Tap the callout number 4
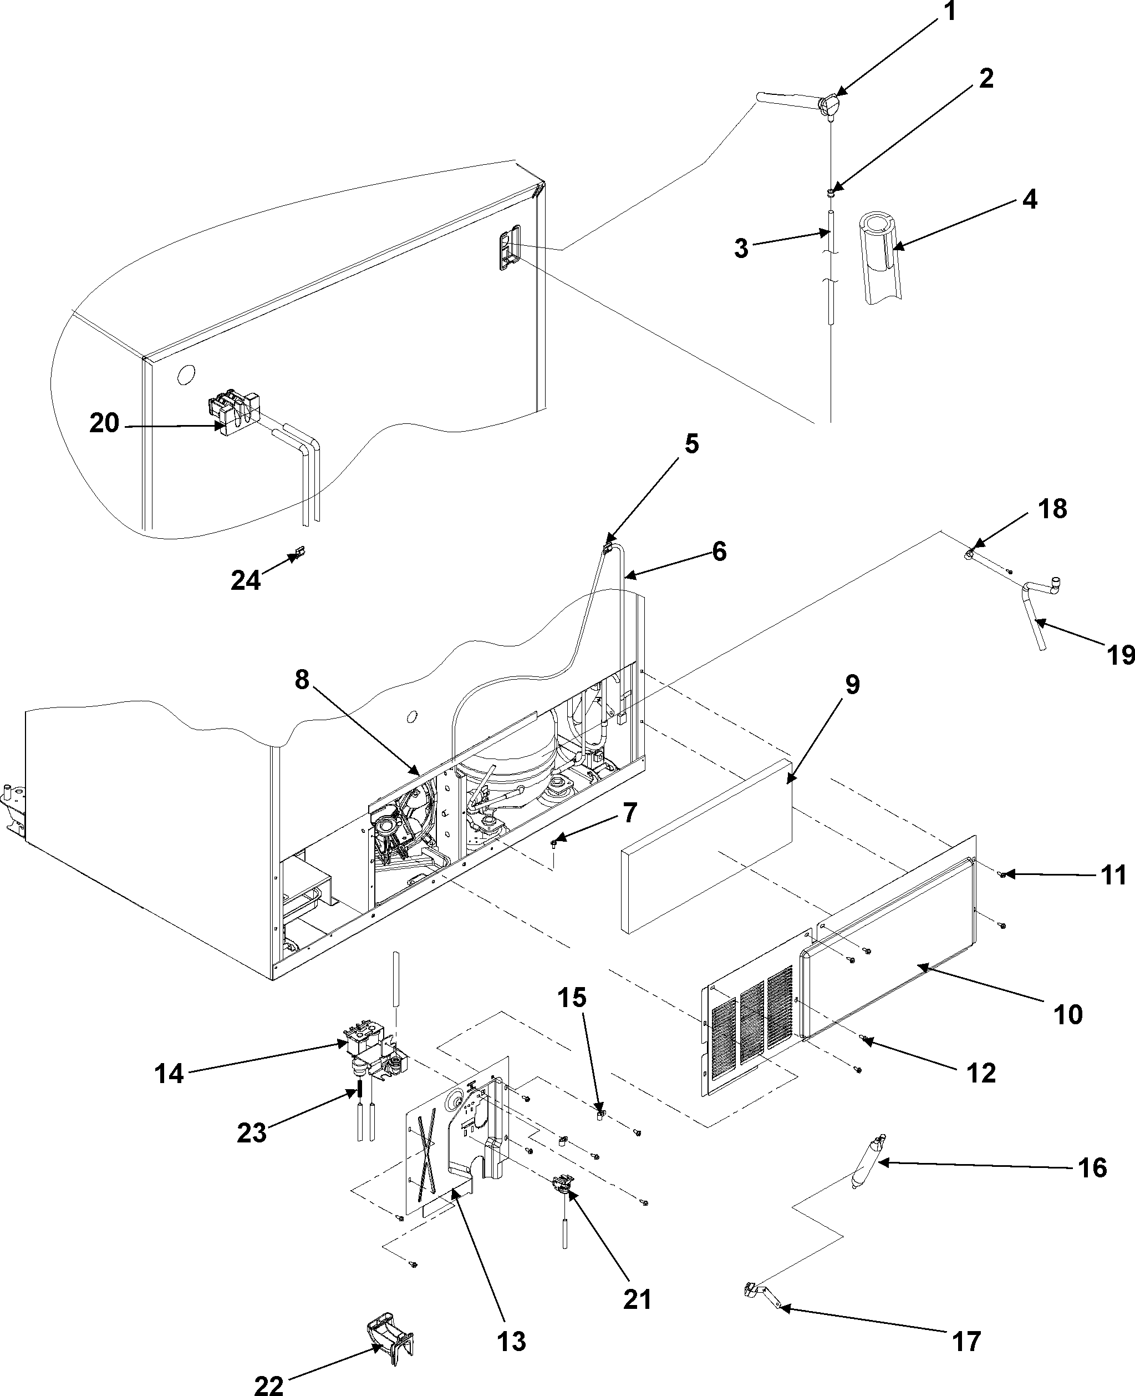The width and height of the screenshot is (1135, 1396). [x=1029, y=199]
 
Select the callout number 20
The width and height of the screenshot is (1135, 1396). [x=105, y=423]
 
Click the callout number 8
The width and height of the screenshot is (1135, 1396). [x=302, y=680]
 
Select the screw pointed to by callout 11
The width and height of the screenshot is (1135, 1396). [x=1002, y=874]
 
